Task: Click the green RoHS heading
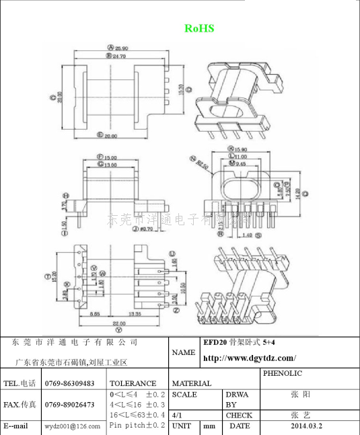coord(199,28)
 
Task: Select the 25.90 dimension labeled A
coord(121,48)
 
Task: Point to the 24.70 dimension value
coord(121,56)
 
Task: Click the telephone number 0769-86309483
coord(69,383)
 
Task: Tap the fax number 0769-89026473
coord(69,405)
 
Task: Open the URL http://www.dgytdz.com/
coord(249,358)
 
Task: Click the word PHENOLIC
coord(283,373)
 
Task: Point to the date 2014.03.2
coord(306,426)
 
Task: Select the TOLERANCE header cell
coord(133,383)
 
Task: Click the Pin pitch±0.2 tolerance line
coord(137,426)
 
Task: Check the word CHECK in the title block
coord(239,416)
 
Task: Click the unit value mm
coord(209,426)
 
